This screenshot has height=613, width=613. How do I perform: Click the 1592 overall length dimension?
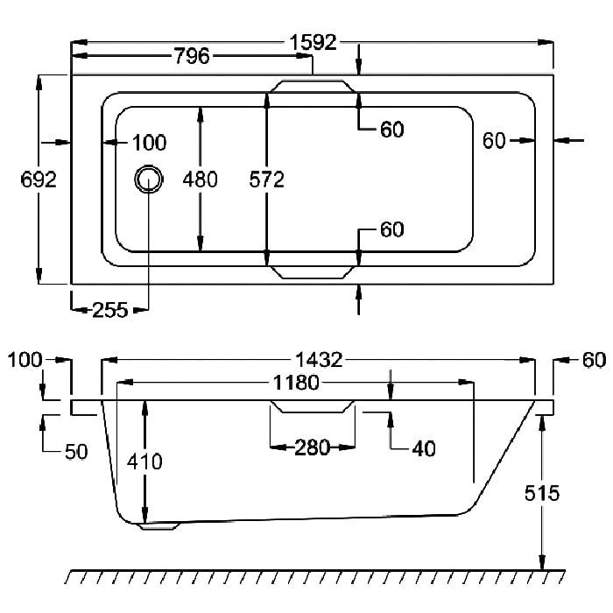[313, 42]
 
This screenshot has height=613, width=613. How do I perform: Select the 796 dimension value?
[192, 56]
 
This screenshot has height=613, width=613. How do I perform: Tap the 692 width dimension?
[39, 180]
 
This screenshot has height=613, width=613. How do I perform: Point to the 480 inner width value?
[201, 180]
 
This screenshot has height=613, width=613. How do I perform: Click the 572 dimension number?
[266, 180]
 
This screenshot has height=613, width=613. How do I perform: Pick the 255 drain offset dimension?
[110, 310]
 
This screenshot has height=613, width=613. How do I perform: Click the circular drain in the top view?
[149, 179]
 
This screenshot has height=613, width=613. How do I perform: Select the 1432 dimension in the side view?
[319, 360]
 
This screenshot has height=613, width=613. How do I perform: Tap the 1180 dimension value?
[296, 383]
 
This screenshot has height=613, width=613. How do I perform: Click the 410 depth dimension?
[144, 462]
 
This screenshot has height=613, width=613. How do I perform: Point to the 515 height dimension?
[542, 493]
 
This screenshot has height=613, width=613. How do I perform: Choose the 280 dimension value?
[312, 447]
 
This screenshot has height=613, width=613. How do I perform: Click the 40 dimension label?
[424, 448]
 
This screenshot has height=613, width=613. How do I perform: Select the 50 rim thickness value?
[76, 452]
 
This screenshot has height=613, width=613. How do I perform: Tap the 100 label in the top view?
[150, 142]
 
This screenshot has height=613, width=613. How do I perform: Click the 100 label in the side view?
[25, 360]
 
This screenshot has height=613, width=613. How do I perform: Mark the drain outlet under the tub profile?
[159, 525]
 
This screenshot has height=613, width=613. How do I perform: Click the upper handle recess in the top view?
[313, 87]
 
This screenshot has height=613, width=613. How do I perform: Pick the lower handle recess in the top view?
[313, 272]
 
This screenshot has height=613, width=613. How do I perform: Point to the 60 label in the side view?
[595, 360]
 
